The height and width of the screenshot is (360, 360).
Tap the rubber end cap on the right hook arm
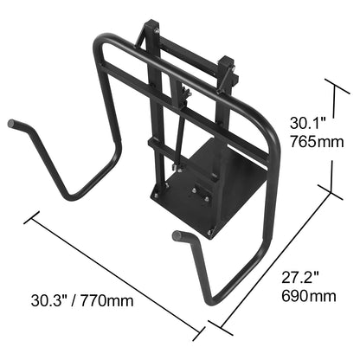pyautogui.click(x=177, y=236)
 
